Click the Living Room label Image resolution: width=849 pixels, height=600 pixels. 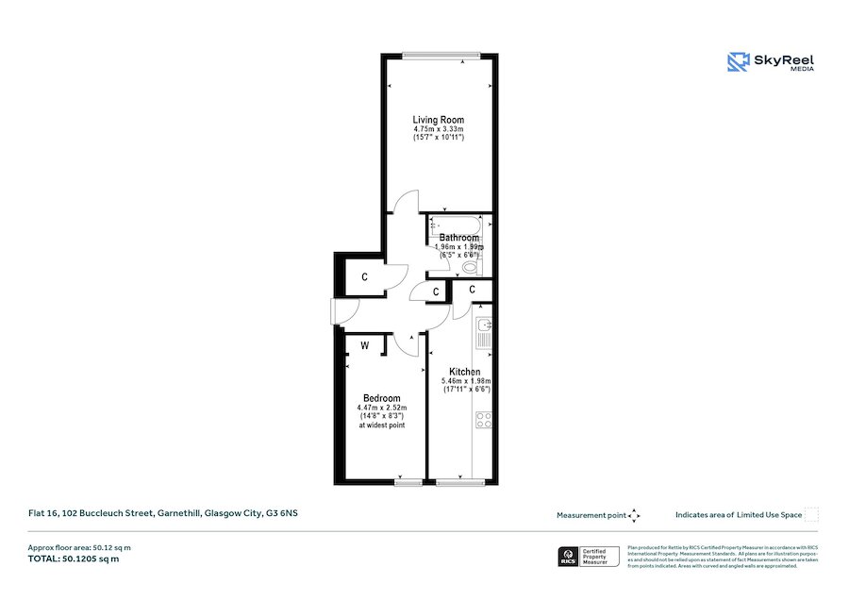pos(439,120)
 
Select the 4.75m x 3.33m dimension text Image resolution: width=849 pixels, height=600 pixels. pos(439,129)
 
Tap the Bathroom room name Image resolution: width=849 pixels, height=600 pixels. pos(458,238)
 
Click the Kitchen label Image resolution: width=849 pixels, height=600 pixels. pos(465,372)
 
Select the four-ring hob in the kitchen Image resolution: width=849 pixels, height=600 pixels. pos(484,420)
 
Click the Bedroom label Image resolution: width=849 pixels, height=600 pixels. pos(381,398)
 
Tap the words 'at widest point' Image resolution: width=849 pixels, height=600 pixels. pos(381,425)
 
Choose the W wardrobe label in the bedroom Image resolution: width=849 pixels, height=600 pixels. pos(364,346)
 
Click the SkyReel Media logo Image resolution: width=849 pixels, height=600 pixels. pos(771,62)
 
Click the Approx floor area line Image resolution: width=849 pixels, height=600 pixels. pos(78,547)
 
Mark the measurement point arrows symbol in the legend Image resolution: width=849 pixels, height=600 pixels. pos(635,515)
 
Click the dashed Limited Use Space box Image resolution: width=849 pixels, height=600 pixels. pos(811,515)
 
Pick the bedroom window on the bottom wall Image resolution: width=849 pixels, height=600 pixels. pos(408,483)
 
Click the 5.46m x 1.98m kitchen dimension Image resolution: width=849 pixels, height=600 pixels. pos(465,381)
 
